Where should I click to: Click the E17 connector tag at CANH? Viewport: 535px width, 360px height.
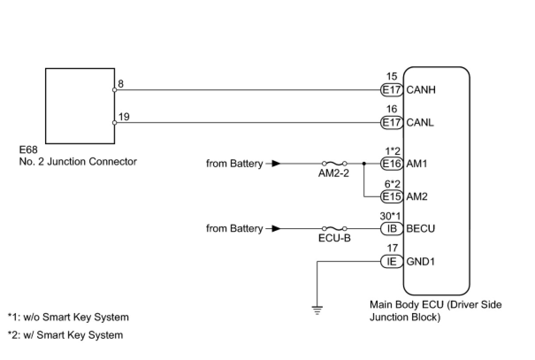(x=392, y=90)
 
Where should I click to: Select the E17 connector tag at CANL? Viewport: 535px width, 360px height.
(x=392, y=123)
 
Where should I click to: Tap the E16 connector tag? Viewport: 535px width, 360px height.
(x=392, y=164)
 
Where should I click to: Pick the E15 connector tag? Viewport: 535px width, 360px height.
(x=392, y=196)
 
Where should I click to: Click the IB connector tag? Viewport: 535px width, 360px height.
(x=392, y=229)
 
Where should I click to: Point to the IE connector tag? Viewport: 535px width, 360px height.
(x=392, y=261)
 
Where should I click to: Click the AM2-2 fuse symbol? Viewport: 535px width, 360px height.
(x=334, y=163)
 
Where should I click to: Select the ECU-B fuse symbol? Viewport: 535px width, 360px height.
(x=334, y=229)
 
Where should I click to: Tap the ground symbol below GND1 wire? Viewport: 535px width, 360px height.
(x=317, y=310)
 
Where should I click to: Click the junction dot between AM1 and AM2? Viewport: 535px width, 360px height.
(x=364, y=164)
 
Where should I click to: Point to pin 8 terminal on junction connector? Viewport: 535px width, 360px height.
(x=115, y=90)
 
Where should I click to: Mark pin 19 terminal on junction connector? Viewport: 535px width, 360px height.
(x=115, y=123)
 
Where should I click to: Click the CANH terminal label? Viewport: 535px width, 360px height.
(x=420, y=90)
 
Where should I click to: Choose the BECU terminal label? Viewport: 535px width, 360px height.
(x=420, y=229)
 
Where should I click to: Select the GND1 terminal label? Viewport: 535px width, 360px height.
(x=420, y=261)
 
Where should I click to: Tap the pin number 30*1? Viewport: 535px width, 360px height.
(x=390, y=217)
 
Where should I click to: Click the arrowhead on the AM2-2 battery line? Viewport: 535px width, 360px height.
(x=276, y=164)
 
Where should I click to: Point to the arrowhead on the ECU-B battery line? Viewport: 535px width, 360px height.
(x=276, y=229)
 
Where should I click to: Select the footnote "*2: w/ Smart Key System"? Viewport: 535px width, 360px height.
(x=65, y=335)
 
